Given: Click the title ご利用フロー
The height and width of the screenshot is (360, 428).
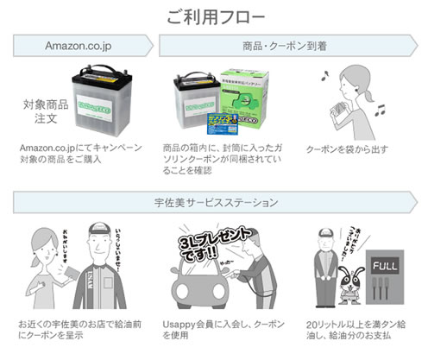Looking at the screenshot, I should (x=213, y=16).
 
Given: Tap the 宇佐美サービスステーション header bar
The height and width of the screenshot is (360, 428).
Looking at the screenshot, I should (x=214, y=203).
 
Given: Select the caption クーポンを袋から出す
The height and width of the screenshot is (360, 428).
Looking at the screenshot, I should (x=350, y=149).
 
